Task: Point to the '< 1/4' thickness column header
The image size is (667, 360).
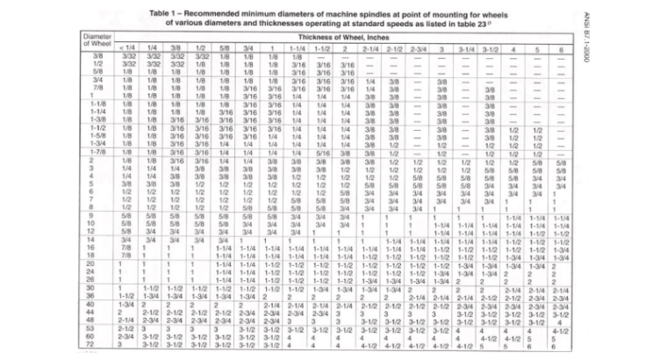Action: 126,47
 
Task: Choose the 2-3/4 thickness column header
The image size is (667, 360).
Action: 417,47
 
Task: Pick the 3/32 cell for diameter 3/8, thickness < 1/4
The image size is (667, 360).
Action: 128,57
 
